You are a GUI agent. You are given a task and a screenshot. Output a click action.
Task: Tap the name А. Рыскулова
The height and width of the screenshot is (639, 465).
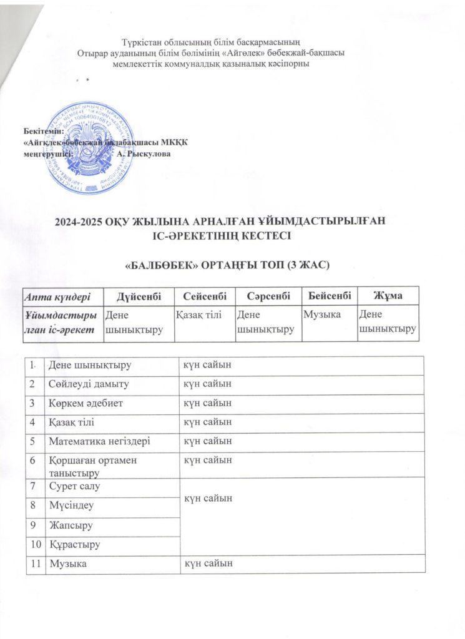click(144, 154)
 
